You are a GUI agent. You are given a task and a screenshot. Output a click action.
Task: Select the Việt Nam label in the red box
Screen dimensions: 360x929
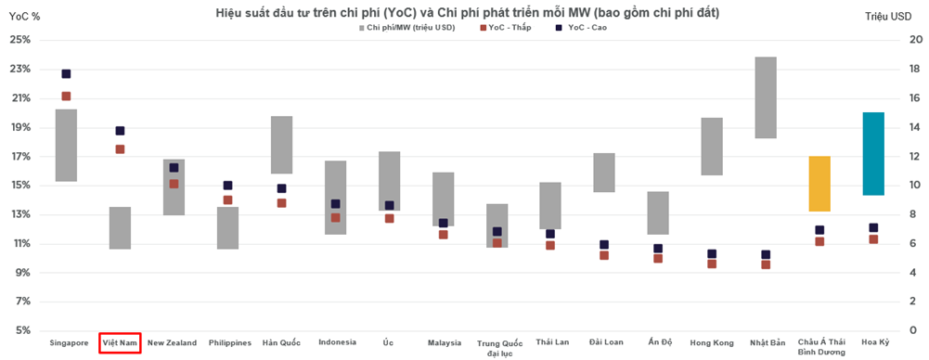(x=120, y=342)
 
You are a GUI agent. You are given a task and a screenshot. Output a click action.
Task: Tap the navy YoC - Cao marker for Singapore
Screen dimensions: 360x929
(x=66, y=74)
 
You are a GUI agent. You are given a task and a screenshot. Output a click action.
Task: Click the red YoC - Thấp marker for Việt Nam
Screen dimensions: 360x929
(x=120, y=149)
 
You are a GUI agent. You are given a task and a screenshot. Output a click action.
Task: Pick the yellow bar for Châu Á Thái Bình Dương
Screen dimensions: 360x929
(x=819, y=184)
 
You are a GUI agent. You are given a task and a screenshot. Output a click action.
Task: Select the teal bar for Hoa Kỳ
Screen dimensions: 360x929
(x=873, y=153)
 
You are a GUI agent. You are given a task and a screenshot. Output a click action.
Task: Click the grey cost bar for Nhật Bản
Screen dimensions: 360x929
(x=766, y=97)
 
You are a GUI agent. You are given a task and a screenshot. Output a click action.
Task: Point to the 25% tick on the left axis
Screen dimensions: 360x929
(x=19, y=40)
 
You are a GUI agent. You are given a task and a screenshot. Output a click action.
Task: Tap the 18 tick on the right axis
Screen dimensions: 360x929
(x=916, y=69)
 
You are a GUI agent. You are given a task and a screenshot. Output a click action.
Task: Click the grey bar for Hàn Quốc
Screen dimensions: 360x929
(x=281, y=145)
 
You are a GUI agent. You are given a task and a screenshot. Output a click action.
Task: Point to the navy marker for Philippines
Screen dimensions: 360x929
(x=227, y=186)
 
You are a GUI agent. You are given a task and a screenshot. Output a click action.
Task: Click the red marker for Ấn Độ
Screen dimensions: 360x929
(x=658, y=259)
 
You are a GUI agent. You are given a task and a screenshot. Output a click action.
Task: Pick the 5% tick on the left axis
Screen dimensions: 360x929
(x=21, y=330)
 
